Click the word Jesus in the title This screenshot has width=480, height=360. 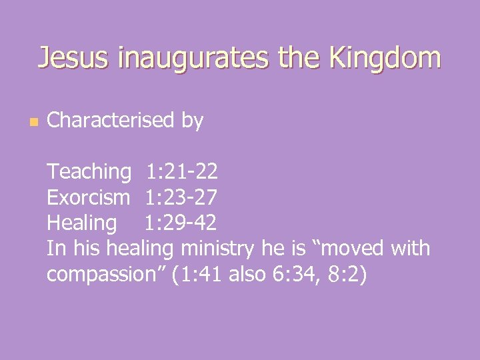74,58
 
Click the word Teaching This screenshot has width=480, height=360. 89,172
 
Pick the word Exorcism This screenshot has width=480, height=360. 89,197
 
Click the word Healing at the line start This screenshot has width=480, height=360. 81,223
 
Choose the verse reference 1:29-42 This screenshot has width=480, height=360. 181,223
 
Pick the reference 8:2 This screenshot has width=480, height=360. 345,274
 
